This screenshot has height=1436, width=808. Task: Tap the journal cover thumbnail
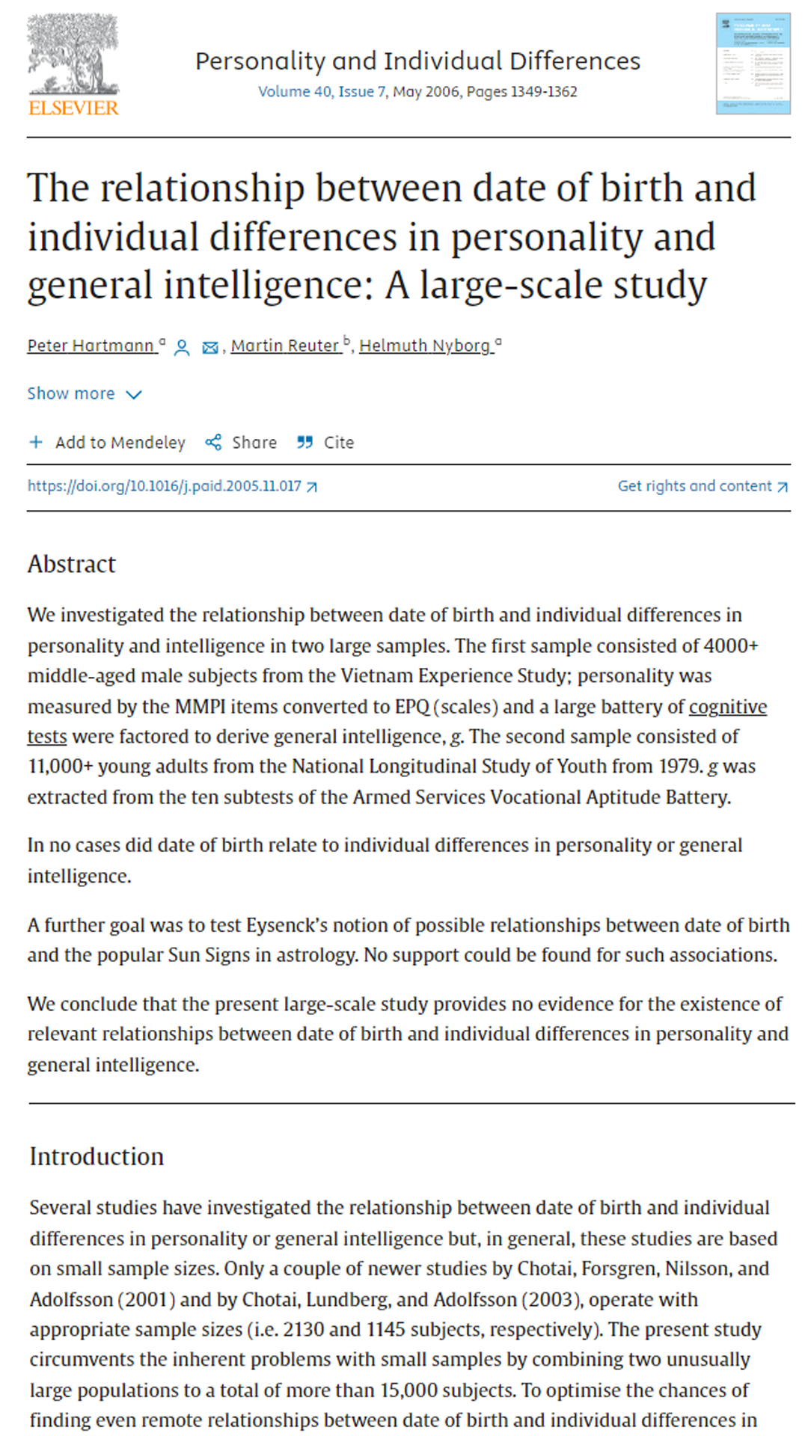[x=753, y=64]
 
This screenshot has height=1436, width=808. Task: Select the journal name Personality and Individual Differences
[x=417, y=61]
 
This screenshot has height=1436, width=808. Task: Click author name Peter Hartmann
[x=91, y=346]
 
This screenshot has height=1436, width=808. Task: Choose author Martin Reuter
[x=284, y=346]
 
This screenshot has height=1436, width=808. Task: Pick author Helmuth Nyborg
[x=424, y=346]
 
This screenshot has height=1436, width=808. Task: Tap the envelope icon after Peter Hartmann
[x=210, y=348]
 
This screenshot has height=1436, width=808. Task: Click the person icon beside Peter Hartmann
[x=182, y=348]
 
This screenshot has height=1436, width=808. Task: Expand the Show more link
[x=84, y=394]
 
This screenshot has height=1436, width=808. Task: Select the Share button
[x=241, y=443]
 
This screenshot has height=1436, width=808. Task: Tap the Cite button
[x=325, y=443]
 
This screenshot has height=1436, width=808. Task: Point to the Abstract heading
[x=72, y=564]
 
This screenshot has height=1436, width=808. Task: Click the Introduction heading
[x=97, y=1156]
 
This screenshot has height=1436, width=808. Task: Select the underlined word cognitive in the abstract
[x=727, y=707]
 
